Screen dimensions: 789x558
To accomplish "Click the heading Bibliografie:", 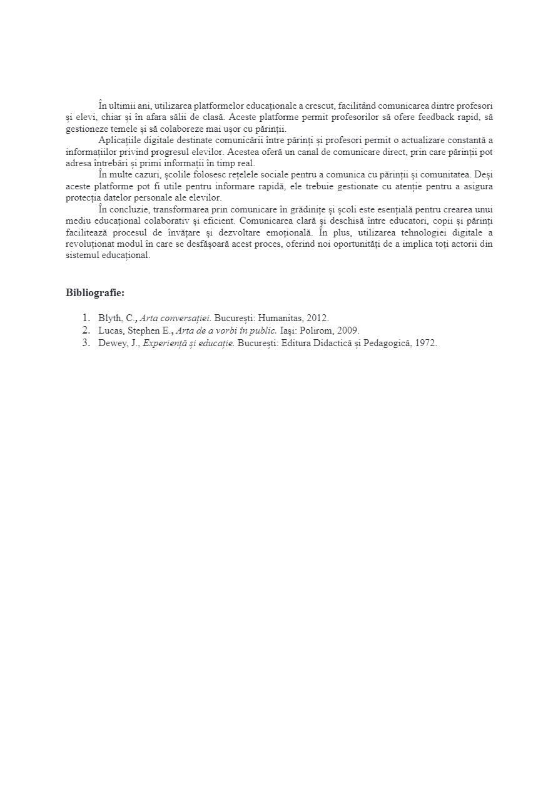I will click(x=95, y=292).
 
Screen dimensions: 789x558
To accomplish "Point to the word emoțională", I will click(x=289, y=232).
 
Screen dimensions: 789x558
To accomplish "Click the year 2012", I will click(x=318, y=318).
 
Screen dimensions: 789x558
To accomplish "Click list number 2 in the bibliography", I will click(x=86, y=330).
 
